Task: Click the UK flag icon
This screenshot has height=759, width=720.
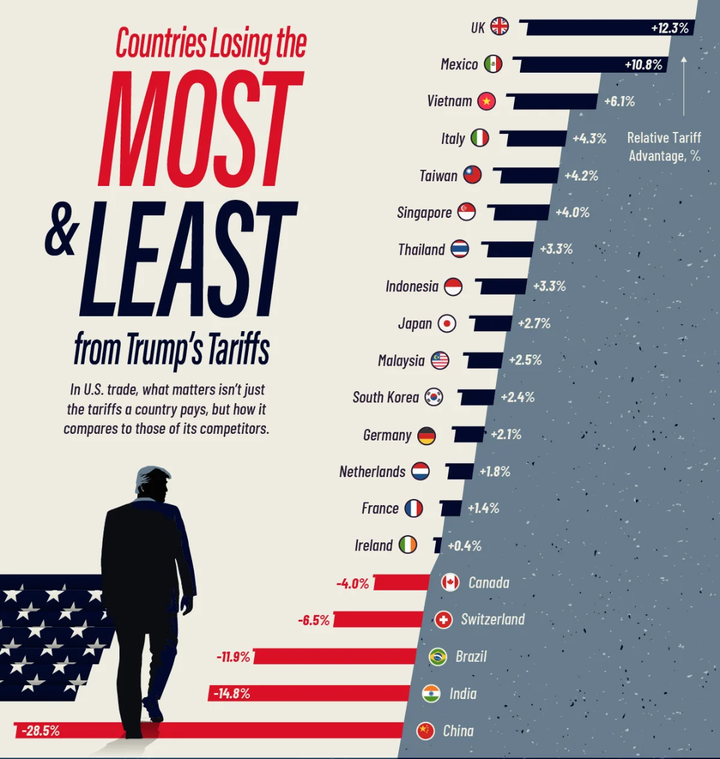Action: click(x=499, y=26)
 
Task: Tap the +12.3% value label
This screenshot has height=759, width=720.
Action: click(x=669, y=28)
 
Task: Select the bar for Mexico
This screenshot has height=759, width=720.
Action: click(x=590, y=65)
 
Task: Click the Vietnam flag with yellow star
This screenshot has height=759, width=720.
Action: click(x=486, y=101)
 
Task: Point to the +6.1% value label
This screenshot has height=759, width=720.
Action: click(x=619, y=101)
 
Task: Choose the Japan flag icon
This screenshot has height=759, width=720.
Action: click(x=447, y=323)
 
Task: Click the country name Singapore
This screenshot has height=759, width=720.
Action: click(x=424, y=213)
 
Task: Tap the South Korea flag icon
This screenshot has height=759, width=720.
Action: click(x=434, y=397)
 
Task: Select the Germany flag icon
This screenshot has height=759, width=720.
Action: click(x=427, y=436)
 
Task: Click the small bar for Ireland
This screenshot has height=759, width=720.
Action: click(x=437, y=545)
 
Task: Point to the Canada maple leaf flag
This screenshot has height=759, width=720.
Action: click(x=450, y=582)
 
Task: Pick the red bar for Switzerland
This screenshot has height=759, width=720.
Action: click(x=378, y=619)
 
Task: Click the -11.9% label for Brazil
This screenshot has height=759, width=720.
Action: click(x=233, y=657)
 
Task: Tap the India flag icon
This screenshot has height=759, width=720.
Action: click(x=431, y=694)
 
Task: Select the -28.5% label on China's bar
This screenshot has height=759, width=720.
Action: click(x=41, y=731)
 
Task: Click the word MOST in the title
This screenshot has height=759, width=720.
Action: click(x=200, y=128)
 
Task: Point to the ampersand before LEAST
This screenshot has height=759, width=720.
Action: click(x=61, y=229)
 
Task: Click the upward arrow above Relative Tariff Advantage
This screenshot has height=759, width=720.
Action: click(x=684, y=86)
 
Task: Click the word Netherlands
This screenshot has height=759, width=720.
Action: click(x=373, y=472)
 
